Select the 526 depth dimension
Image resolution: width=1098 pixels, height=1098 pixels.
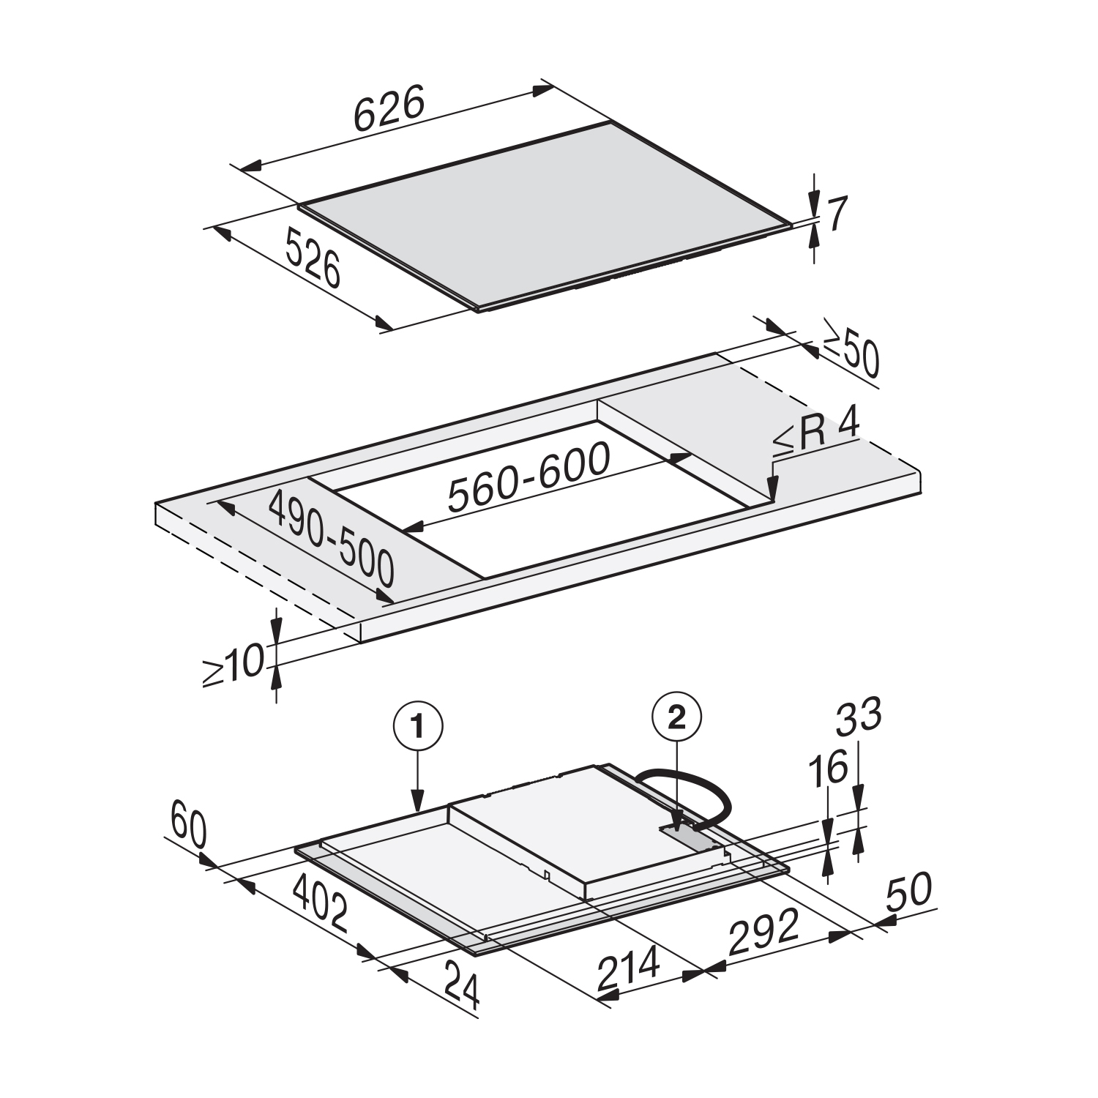point(313,258)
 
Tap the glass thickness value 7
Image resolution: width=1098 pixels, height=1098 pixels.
point(837,214)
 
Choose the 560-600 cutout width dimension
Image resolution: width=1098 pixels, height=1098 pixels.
point(529,477)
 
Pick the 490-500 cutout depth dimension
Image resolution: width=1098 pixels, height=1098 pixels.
point(332,538)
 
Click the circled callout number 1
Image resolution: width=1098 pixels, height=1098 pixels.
point(418,727)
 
